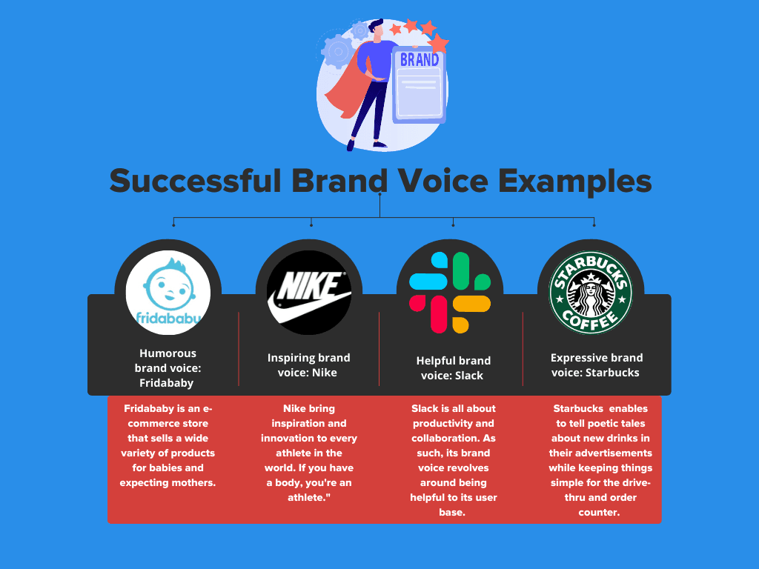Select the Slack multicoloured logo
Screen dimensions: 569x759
pyautogui.click(x=450, y=293)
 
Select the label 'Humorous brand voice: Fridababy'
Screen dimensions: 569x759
pyautogui.click(x=168, y=368)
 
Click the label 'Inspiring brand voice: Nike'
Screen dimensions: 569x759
pyautogui.click(x=309, y=365)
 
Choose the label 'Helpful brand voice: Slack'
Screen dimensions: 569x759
pyautogui.click(x=454, y=368)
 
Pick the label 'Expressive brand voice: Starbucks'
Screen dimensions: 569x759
pyautogui.click(x=596, y=365)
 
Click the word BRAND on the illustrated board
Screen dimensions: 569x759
pyautogui.click(x=420, y=59)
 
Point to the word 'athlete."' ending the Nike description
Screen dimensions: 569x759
pyautogui.click(x=309, y=497)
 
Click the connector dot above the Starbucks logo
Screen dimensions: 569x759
pyautogui.click(x=594, y=224)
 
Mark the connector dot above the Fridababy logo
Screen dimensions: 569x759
pyautogui.click(x=173, y=224)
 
